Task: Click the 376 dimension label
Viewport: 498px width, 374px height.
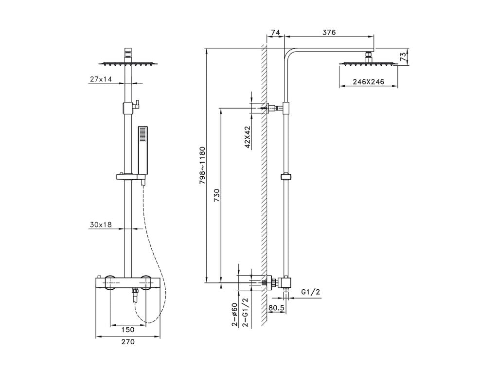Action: click(329, 32)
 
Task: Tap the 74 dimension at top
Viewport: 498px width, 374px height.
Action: click(275, 32)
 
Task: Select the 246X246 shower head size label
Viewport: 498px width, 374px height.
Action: click(369, 82)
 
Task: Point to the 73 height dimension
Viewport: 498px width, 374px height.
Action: click(403, 56)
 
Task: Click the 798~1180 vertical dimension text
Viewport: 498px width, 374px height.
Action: click(202, 166)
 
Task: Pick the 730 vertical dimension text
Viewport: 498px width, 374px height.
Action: click(216, 196)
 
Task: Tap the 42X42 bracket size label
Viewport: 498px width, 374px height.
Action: click(248, 137)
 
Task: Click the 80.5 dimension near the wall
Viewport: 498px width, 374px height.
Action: click(276, 308)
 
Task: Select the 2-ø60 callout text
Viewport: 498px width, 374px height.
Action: click(234, 315)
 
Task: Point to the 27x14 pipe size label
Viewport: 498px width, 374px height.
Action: click(101, 79)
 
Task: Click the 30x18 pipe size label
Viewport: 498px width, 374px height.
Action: click(101, 224)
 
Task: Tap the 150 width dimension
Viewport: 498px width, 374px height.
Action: click(128, 330)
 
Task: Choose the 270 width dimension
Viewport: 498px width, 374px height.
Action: click(128, 341)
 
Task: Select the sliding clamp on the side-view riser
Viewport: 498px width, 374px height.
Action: click(286, 177)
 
